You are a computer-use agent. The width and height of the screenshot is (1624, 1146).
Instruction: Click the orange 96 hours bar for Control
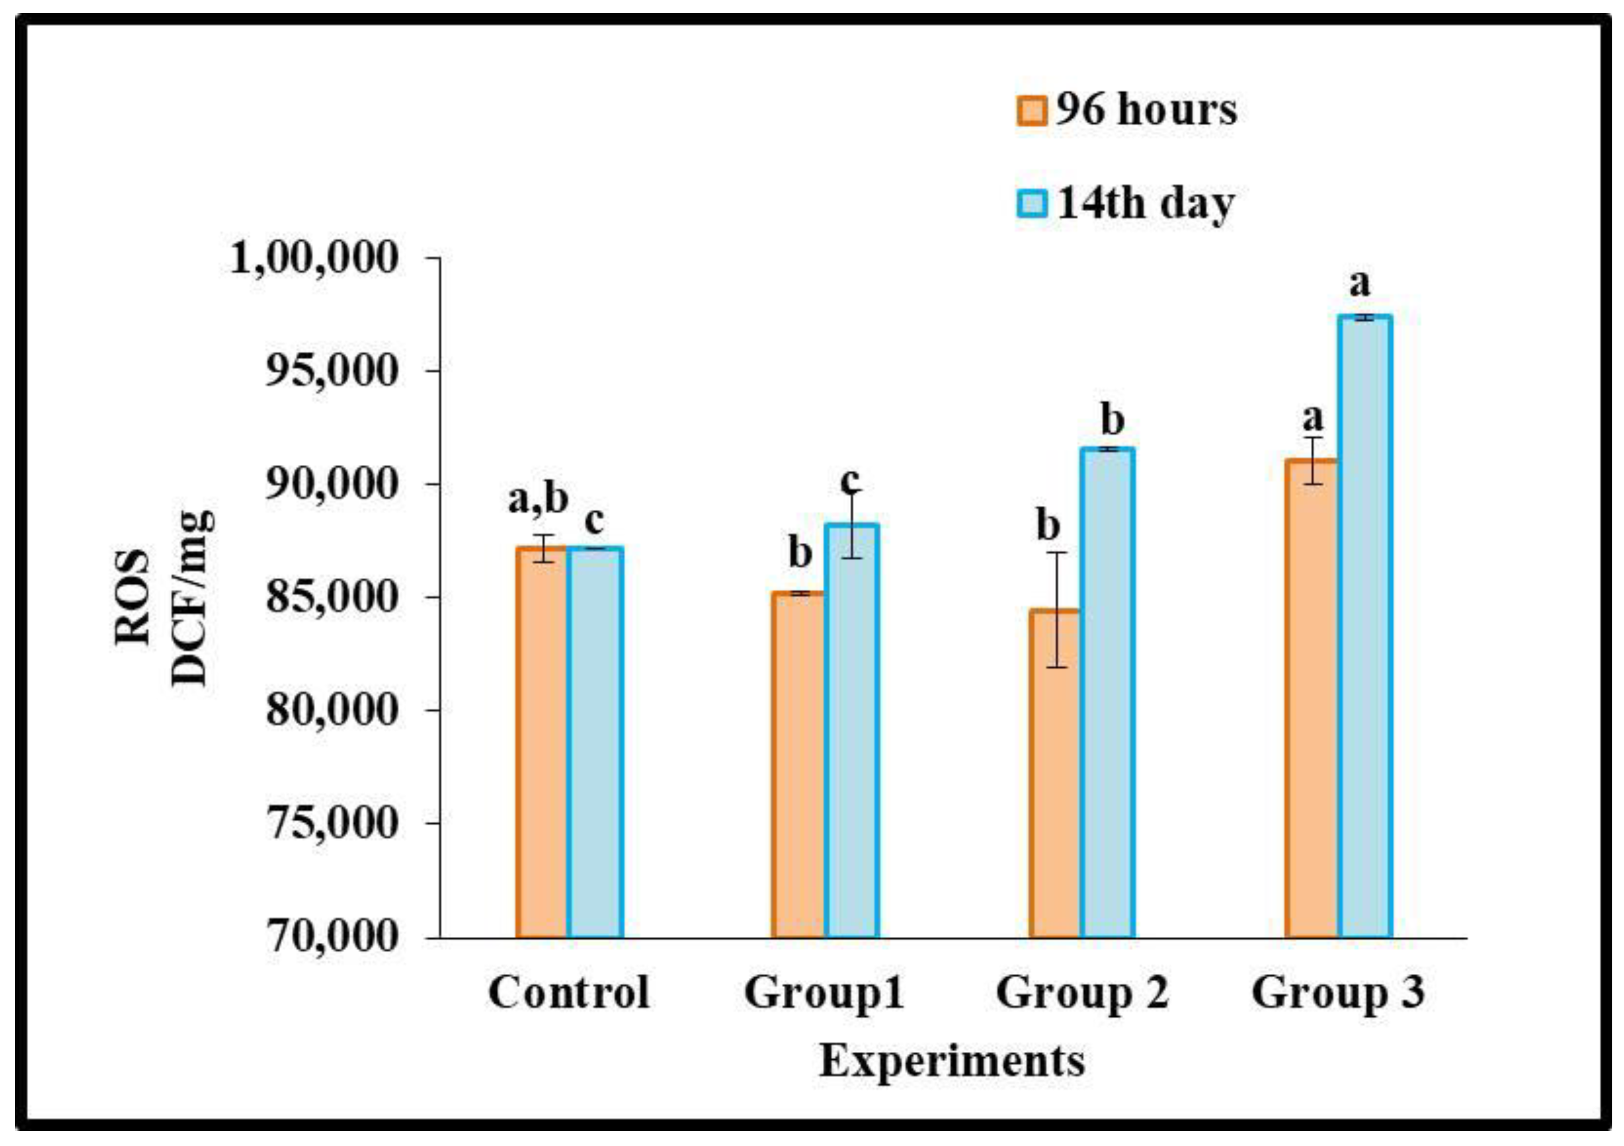542,742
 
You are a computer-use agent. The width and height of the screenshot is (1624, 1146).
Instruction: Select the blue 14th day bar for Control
595,742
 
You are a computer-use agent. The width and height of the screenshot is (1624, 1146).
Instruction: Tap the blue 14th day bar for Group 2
1108,693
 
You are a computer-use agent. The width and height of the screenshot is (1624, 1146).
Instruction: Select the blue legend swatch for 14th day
1031,204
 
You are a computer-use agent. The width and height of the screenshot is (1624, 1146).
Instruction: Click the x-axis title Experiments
952,1062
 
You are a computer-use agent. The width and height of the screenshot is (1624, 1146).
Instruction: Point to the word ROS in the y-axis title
134,598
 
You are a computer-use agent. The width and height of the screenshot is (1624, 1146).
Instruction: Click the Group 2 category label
1082,993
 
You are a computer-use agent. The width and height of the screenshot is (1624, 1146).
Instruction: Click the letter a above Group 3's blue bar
1360,284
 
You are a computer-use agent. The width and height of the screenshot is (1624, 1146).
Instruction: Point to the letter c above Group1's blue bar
850,481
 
